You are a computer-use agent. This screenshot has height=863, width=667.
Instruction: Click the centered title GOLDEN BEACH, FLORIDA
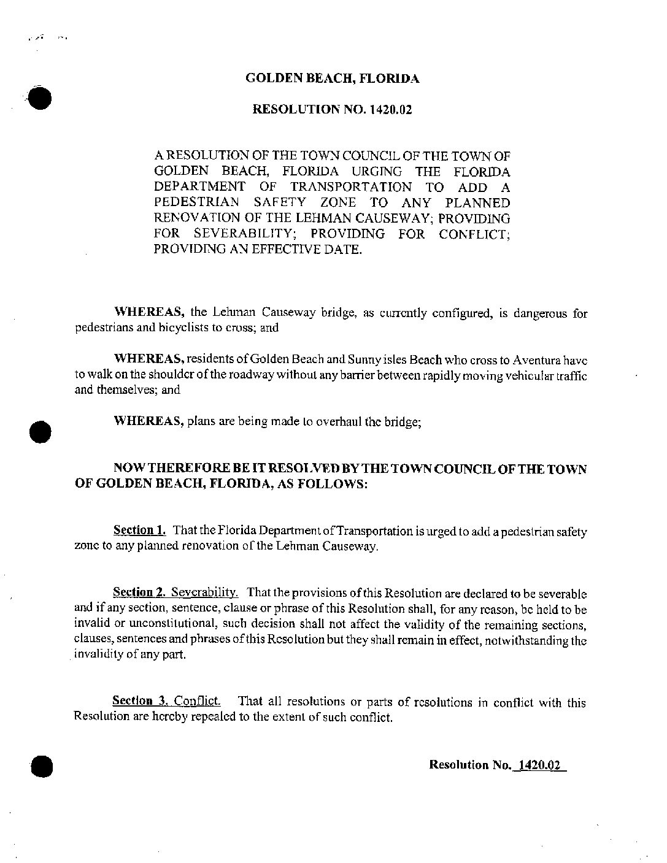333,79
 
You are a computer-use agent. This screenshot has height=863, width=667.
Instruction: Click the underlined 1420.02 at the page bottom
541,765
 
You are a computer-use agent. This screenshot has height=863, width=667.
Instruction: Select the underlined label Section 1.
139,530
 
